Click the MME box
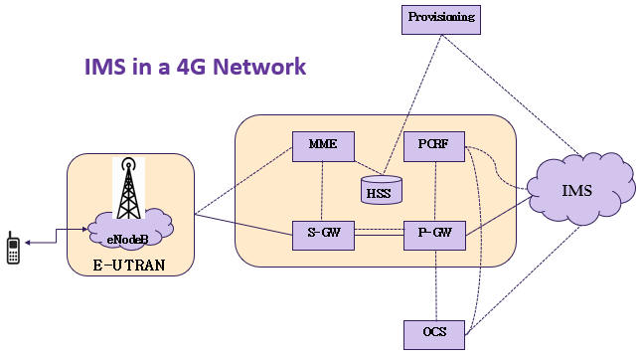click(x=323, y=146)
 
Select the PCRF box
click(x=434, y=146)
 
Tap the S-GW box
click(x=323, y=236)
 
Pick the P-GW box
click(x=434, y=236)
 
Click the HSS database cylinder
click(x=382, y=190)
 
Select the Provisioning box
click(x=441, y=20)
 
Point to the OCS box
click(x=434, y=335)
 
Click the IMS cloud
click(x=580, y=190)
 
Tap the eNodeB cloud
click(x=130, y=231)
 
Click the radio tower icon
click(x=128, y=188)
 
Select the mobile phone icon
click(x=13, y=248)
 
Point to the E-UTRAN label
click(x=129, y=266)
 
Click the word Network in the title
click(x=259, y=67)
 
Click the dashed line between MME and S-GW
click(x=322, y=191)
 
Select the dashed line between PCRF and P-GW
click(x=435, y=191)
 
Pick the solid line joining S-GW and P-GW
click(x=380, y=236)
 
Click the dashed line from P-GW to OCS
click(x=435, y=285)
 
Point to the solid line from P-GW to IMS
click(x=498, y=216)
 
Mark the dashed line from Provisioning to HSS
click(x=412, y=105)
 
